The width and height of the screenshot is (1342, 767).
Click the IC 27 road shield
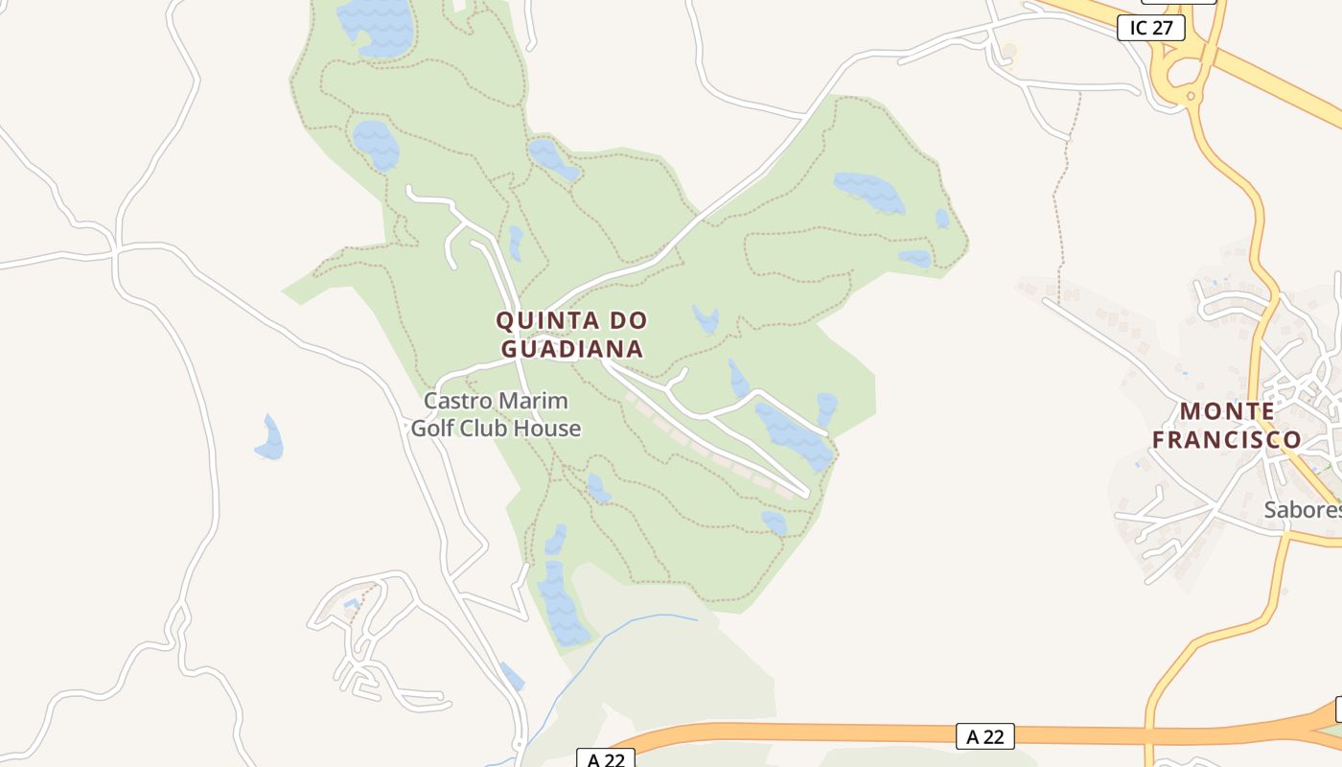1151,28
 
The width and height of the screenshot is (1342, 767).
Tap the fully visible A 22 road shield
984,736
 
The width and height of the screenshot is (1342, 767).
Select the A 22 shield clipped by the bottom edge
606,759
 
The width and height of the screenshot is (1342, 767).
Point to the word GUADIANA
572,348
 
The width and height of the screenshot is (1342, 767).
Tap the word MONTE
1227,411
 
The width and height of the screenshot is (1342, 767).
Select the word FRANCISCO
1227,440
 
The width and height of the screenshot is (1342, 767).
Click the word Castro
457,401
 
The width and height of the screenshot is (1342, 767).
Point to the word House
547,428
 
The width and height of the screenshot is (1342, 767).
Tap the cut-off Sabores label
1303,509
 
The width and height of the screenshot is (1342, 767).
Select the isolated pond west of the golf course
270,440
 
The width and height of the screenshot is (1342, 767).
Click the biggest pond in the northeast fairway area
868,192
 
